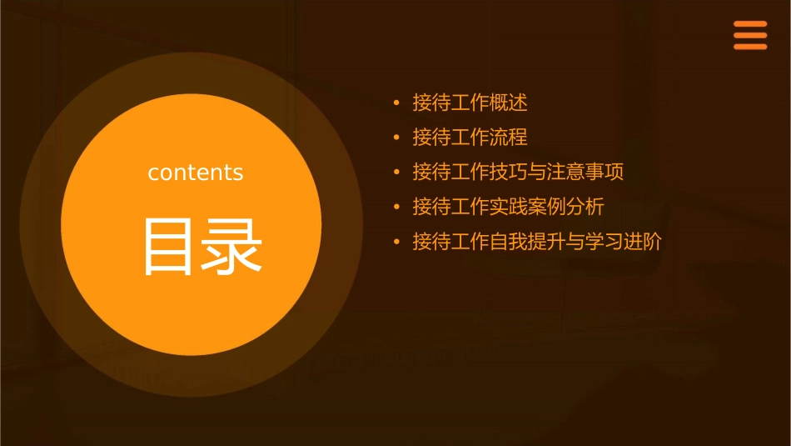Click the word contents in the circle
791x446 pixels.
(196, 173)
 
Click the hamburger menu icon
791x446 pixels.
(750, 36)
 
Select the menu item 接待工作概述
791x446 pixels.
(470, 103)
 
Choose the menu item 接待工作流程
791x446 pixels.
(470, 138)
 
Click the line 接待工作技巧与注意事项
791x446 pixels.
(518, 173)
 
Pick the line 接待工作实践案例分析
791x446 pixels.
(508, 207)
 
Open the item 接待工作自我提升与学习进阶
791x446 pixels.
(537, 242)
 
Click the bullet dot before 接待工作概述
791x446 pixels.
(397, 103)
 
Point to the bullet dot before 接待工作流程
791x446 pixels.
(397, 138)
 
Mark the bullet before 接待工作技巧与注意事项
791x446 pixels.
(397, 173)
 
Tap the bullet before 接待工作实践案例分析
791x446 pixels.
(397, 208)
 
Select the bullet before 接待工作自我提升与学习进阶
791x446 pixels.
(397, 243)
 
